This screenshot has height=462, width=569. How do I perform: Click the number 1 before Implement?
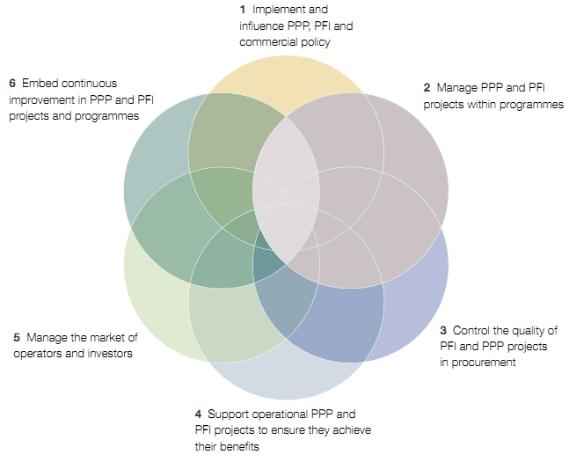pos(242,9)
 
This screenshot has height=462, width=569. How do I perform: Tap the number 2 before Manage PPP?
pos(427,88)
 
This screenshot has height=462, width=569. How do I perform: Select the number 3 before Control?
pos(444,331)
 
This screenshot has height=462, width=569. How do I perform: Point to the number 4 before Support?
pos(199,414)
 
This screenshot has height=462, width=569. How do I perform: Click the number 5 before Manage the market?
pos(17,337)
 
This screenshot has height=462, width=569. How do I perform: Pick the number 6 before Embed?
pos(12,83)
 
